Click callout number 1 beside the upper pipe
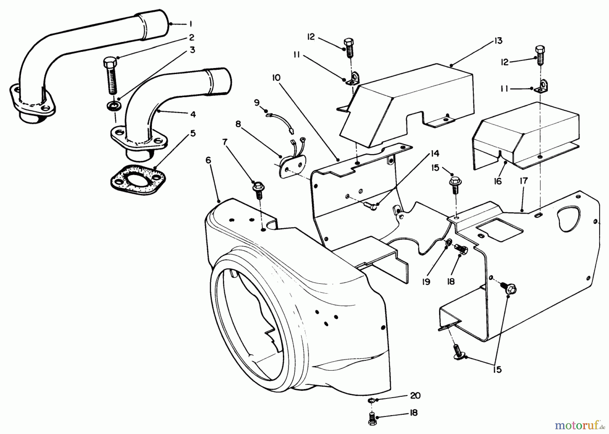(191, 24)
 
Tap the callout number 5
(193, 133)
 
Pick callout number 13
(498, 41)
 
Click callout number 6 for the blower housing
(208, 160)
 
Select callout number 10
(276, 78)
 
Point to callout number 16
(497, 181)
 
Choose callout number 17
(523, 181)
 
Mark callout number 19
(426, 282)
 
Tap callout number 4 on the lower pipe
(193, 114)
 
